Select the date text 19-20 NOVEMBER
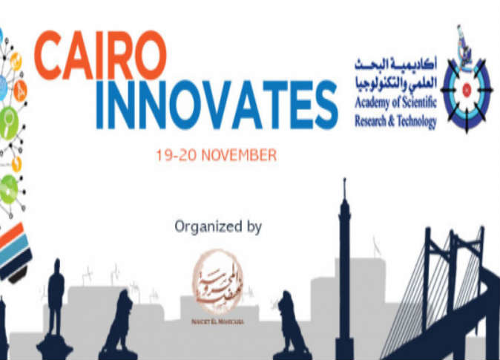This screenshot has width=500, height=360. click(216, 156)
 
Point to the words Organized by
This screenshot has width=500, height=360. click(217, 226)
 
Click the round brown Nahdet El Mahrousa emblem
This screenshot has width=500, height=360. click(217, 281)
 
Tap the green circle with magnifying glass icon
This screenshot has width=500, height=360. click(9, 118)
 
